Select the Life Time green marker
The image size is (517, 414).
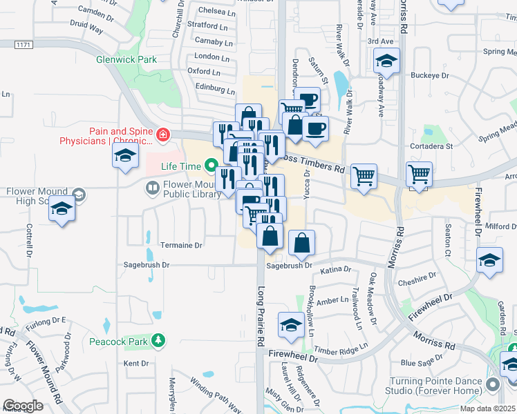(208, 166)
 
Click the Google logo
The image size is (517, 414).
(23, 406)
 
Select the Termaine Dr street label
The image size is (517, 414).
(181, 245)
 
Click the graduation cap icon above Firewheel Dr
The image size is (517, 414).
(291, 325)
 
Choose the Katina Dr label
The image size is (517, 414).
(336, 269)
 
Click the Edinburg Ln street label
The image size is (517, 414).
(215, 88)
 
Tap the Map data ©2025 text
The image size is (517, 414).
(488, 408)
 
